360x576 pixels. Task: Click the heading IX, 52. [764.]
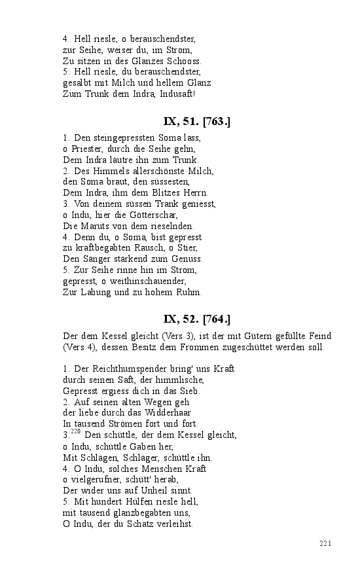click(x=196, y=319)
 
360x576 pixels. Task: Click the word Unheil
click(x=153, y=490)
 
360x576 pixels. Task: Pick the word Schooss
click(x=184, y=61)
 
